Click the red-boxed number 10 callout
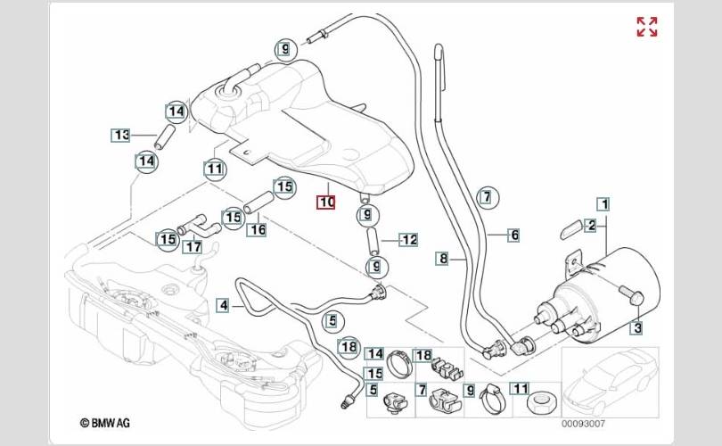click(x=327, y=202)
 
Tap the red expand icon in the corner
click(x=647, y=27)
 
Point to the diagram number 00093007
click(x=583, y=424)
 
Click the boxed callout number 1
click(x=603, y=203)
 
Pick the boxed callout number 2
click(x=590, y=226)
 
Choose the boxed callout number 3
click(x=637, y=329)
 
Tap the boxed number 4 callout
click(x=225, y=305)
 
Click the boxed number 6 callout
click(x=514, y=235)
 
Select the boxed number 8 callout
click(x=443, y=259)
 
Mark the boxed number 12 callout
click(x=408, y=239)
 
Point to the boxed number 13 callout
click(x=120, y=136)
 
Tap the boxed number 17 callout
click(x=193, y=246)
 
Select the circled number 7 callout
click(x=486, y=197)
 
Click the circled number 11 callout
click(x=214, y=167)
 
